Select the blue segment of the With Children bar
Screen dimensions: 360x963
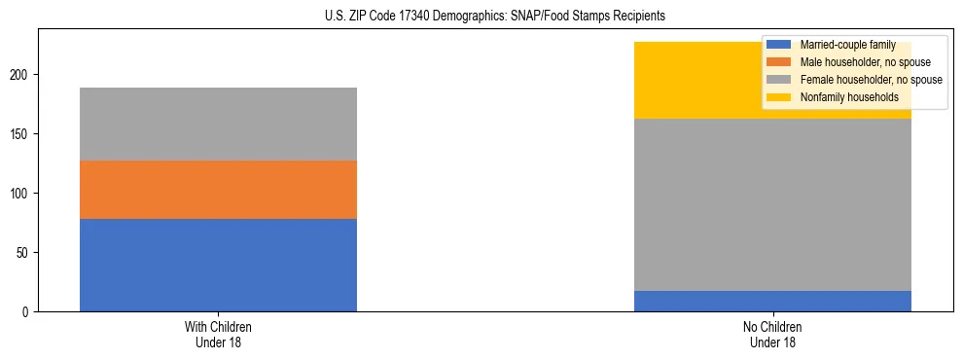pos(218,265)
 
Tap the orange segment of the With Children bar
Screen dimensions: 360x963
pos(218,190)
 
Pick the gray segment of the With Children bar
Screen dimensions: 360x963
pos(218,124)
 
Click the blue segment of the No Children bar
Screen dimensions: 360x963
pos(772,301)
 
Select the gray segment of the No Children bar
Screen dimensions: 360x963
pos(772,204)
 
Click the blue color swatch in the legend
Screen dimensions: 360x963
pos(779,45)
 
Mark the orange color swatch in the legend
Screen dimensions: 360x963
pos(779,62)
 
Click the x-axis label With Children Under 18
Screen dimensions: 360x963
pos(218,334)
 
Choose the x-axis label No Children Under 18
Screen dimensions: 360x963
pos(772,334)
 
